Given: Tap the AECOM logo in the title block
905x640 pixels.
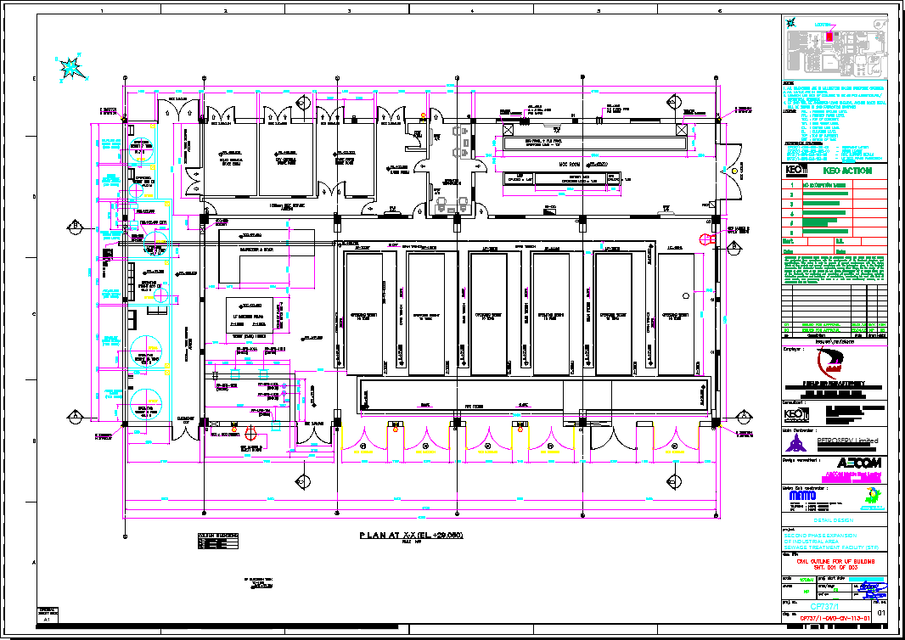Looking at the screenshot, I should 860,463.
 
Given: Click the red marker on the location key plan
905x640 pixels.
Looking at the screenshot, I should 829,36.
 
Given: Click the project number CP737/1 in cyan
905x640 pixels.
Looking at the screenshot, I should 825,607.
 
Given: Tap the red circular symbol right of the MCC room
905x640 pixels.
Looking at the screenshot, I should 704,239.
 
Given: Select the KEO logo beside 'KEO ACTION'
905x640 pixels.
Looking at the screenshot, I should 795,171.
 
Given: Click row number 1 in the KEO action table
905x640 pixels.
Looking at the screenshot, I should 792,184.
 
